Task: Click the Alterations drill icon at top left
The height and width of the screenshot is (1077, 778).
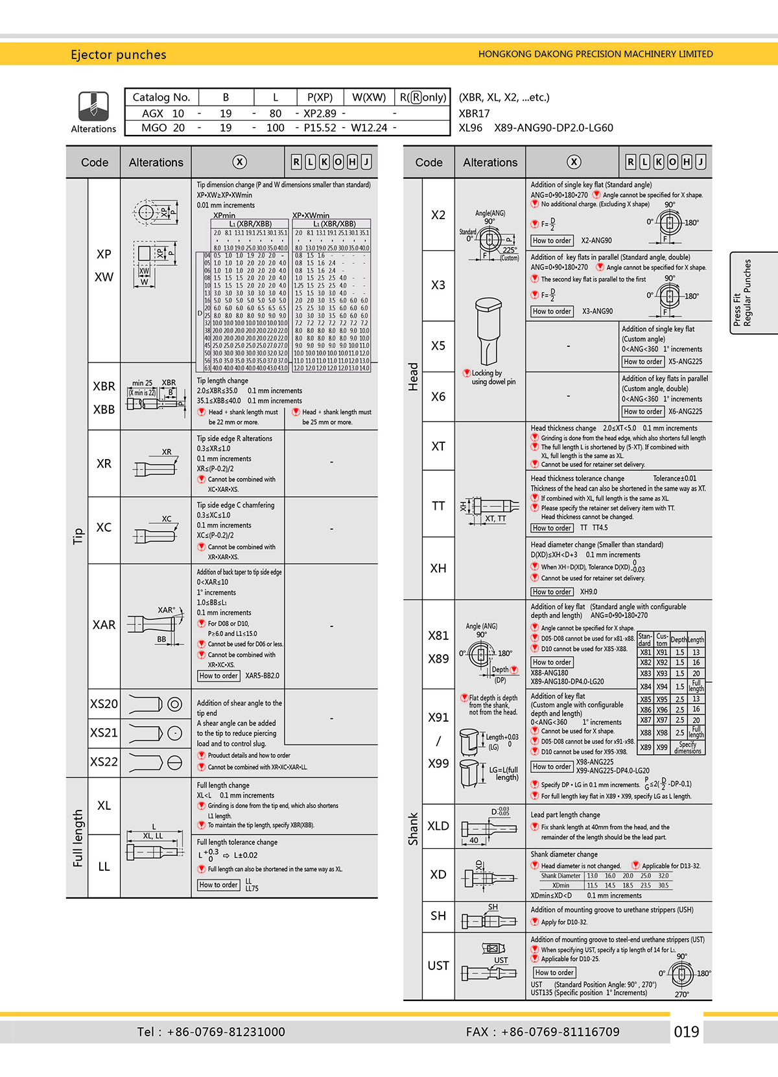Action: [x=93, y=106]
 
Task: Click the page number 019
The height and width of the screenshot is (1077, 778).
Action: [x=687, y=1032]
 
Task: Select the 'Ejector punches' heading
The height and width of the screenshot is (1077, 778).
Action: [x=119, y=54]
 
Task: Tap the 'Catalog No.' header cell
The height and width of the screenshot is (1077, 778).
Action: [x=161, y=97]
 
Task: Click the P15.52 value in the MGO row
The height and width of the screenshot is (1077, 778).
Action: [x=320, y=128]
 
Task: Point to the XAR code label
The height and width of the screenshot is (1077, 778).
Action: [x=104, y=625]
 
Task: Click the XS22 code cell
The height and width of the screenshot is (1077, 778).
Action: [x=104, y=762]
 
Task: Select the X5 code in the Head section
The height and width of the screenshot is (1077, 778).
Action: [x=438, y=346]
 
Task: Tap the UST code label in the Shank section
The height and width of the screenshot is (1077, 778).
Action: [x=438, y=965]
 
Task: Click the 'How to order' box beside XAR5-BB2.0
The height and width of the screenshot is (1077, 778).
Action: [x=218, y=676]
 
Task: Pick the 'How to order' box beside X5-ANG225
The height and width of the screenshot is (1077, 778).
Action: [x=642, y=362]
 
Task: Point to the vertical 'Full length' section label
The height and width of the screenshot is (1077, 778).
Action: [x=78, y=838]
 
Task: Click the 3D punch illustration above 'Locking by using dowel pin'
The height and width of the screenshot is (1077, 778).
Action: [x=488, y=330]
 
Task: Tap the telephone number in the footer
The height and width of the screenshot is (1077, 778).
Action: [x=211, y=1032]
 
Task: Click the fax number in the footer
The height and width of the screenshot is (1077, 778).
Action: [x=543, y=1032]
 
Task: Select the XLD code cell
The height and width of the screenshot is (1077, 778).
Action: [x=438, y=826]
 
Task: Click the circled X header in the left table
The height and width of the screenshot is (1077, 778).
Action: [x=239, y=162]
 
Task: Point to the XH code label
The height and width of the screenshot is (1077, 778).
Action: [x=438, y=568]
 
